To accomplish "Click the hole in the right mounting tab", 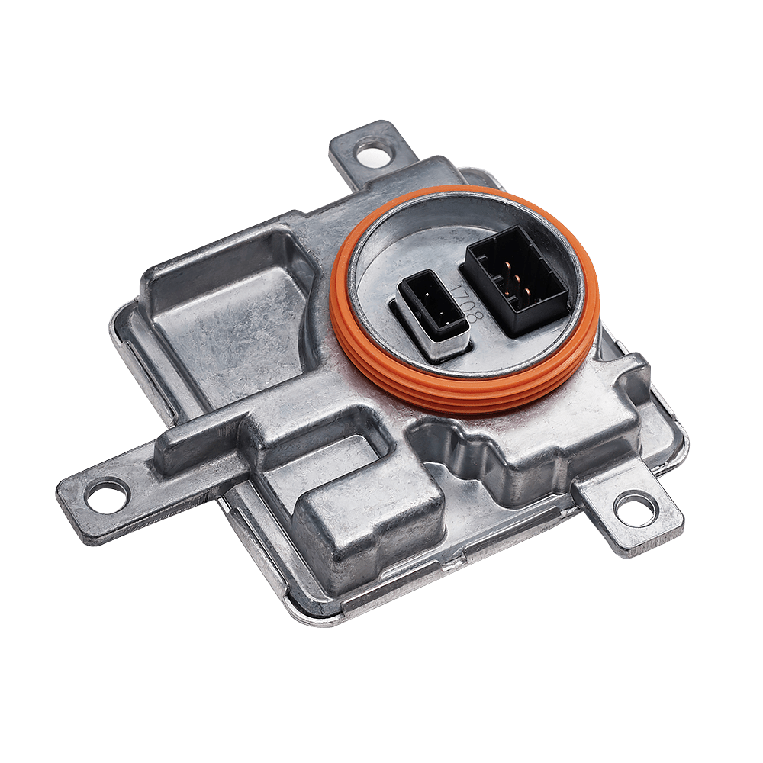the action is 635,508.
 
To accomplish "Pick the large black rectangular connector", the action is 517,281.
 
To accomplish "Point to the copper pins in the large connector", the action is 517,280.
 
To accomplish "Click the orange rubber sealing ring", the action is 464,299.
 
